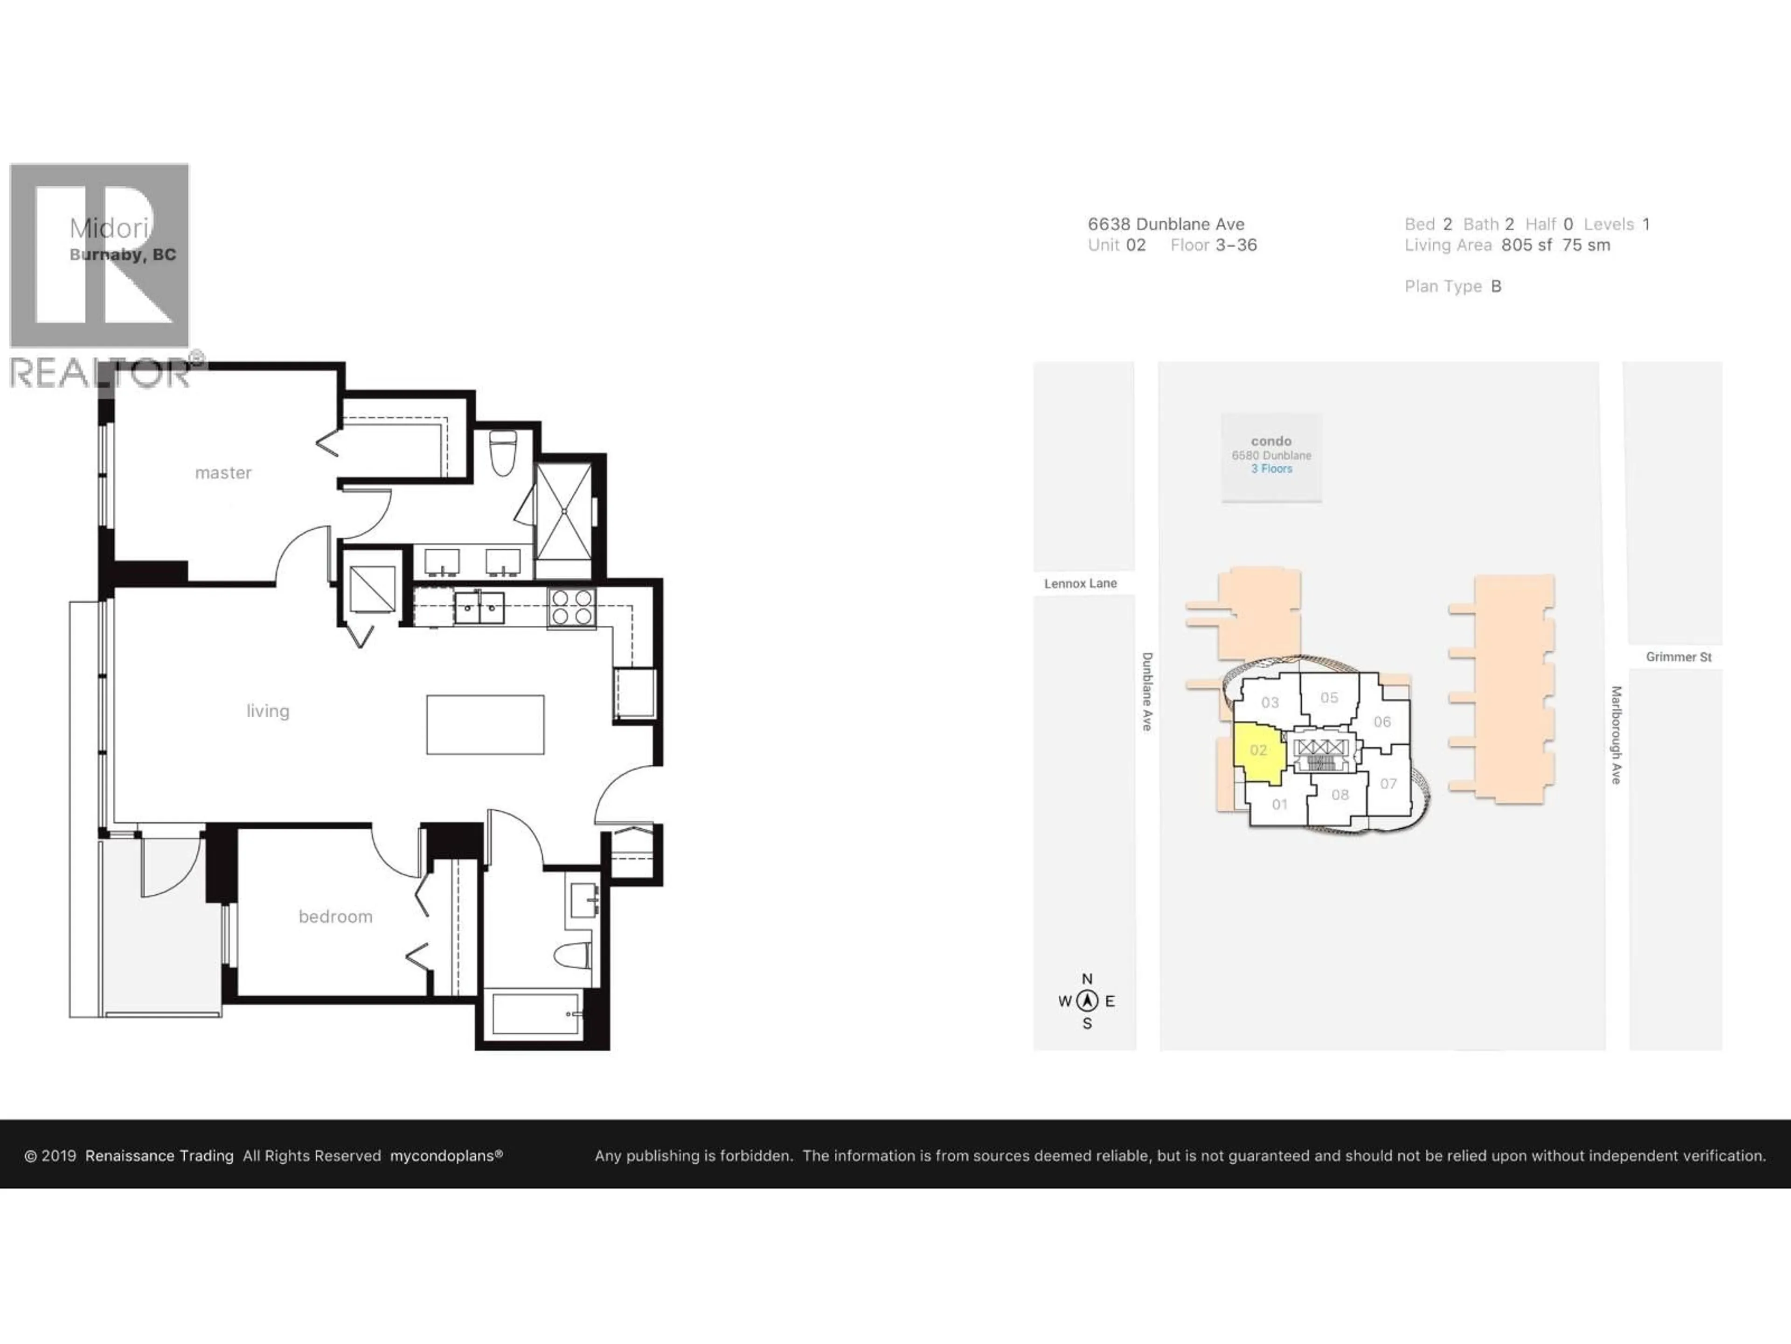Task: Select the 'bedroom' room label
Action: [x=335, y=916]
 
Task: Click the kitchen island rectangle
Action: [x=485, y=724]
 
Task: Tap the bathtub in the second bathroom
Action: [x=535, y=1014]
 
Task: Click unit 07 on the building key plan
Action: [x=1388, y=784]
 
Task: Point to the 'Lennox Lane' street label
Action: [x=1080, y=583]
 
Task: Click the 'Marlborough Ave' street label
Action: [x=1616, y=735]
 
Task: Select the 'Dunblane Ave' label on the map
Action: [x=1146, y=691]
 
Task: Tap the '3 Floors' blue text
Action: [x=1271, y=469]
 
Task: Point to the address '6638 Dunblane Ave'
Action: [x=1166, y=224]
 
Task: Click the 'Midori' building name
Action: [x=109, y=229]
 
